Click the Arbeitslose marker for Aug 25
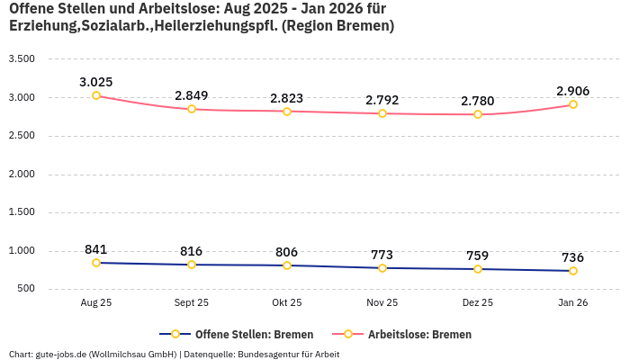pos(96,95)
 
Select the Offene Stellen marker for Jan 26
pos(573,271)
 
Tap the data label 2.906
pos(573,91)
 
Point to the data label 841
pos(96,249)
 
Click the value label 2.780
pos(478,101)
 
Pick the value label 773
pos(382,255)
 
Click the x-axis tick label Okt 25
pos(287,303)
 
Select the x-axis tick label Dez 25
pos(478,303)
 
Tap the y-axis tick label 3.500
pos(21,59)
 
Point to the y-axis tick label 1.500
pos(21,212)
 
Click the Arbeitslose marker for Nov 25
pos(382,113)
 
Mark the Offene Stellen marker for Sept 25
pos(192,265)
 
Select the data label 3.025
pos(96,82)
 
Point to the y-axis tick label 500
pos(25,289)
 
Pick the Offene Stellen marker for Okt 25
pos(287,265)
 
